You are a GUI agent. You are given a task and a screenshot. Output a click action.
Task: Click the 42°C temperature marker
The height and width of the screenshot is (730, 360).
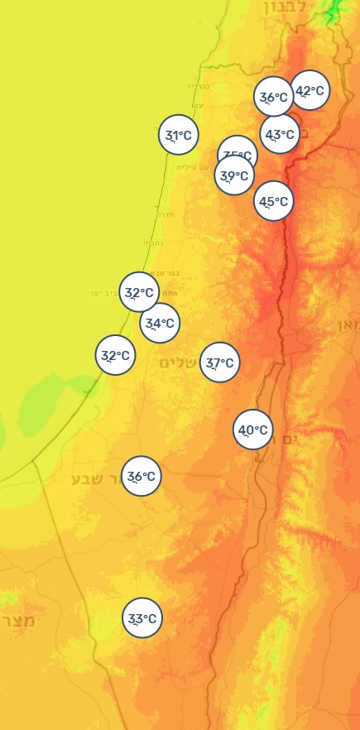pyautogui.click(x=310, y=91)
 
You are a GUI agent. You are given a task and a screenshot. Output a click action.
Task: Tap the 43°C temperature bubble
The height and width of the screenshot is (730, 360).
pyautogui.click(x=280, y=134)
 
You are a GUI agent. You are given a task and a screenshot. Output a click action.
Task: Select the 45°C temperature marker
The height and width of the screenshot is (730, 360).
pyautogui.click(x=273, y=201)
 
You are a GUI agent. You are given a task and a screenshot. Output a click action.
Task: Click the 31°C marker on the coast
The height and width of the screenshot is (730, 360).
pyautogui.click(x=178, y=135)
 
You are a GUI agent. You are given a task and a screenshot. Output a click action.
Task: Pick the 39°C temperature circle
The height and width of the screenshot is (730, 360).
pyautogui.click(x=234, y=175)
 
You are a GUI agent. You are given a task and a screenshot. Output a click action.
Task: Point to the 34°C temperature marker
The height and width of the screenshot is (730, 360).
pyautogui.click(x=160, y=323)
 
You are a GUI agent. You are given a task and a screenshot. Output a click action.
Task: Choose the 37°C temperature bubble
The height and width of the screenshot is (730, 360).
pyautogui.click(x=219, y=363)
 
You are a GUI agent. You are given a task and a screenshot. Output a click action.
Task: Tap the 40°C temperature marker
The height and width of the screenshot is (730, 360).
pyautogui.click(x=253, y=430)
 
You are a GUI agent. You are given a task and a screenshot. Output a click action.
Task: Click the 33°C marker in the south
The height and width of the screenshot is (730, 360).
pyautogui.click(x=142, y=618)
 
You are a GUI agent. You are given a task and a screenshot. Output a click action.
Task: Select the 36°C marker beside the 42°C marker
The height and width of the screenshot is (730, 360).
pyautogui.click(x=273, y=98)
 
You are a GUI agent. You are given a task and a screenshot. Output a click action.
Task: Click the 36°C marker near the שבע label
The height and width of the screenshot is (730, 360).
pyautogui.click(x=142, y=476)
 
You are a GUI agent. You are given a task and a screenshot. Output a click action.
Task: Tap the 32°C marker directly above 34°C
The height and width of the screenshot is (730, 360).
pyautogui.click(x=139, y=292)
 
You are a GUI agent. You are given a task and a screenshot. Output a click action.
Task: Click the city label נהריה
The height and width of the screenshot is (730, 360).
pyautogui.click(x=198, y=87)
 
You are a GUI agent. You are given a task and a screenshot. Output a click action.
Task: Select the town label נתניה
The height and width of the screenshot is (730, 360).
pyautogui.click(x=153, y=243)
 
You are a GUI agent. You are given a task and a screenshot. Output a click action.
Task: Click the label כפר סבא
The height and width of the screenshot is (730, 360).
pyautogui.click(x=166, y=273)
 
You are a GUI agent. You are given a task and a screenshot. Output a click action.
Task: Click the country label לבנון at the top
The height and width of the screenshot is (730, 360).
pyautogui.click(x=286, y=7)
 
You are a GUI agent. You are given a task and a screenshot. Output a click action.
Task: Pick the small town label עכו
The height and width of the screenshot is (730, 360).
pyautogui.click(x=197, y=105)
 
